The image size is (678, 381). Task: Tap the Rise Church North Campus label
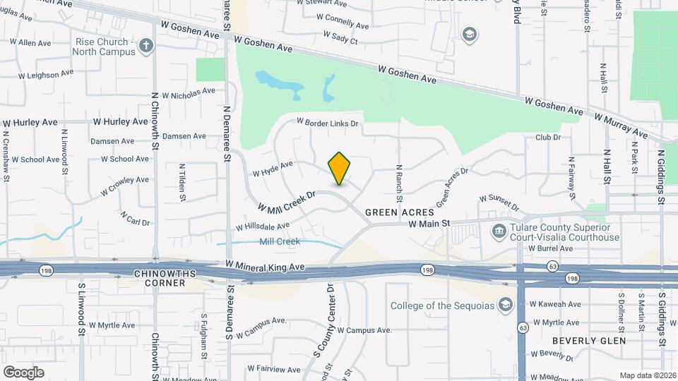(x=105, y=47)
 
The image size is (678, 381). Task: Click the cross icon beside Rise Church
(x=146, y=47)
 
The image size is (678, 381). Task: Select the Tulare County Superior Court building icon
(x=499, y=231)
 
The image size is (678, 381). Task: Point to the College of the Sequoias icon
(x=505, y=305)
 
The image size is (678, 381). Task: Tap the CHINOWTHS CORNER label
(x=159, y=277)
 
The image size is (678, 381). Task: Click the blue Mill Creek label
(x=280, y=241)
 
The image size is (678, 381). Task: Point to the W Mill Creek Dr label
(x=285, y=200)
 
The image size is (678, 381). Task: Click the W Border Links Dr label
(x=328, y=123)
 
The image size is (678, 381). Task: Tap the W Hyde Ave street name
(x=273, y=169)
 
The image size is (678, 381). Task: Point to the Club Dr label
(x=547, y=138)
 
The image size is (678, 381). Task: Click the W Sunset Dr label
(x=499, y=203)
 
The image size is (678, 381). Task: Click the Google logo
(x=23, y=373)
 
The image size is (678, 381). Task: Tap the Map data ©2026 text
(x=647, y=375)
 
